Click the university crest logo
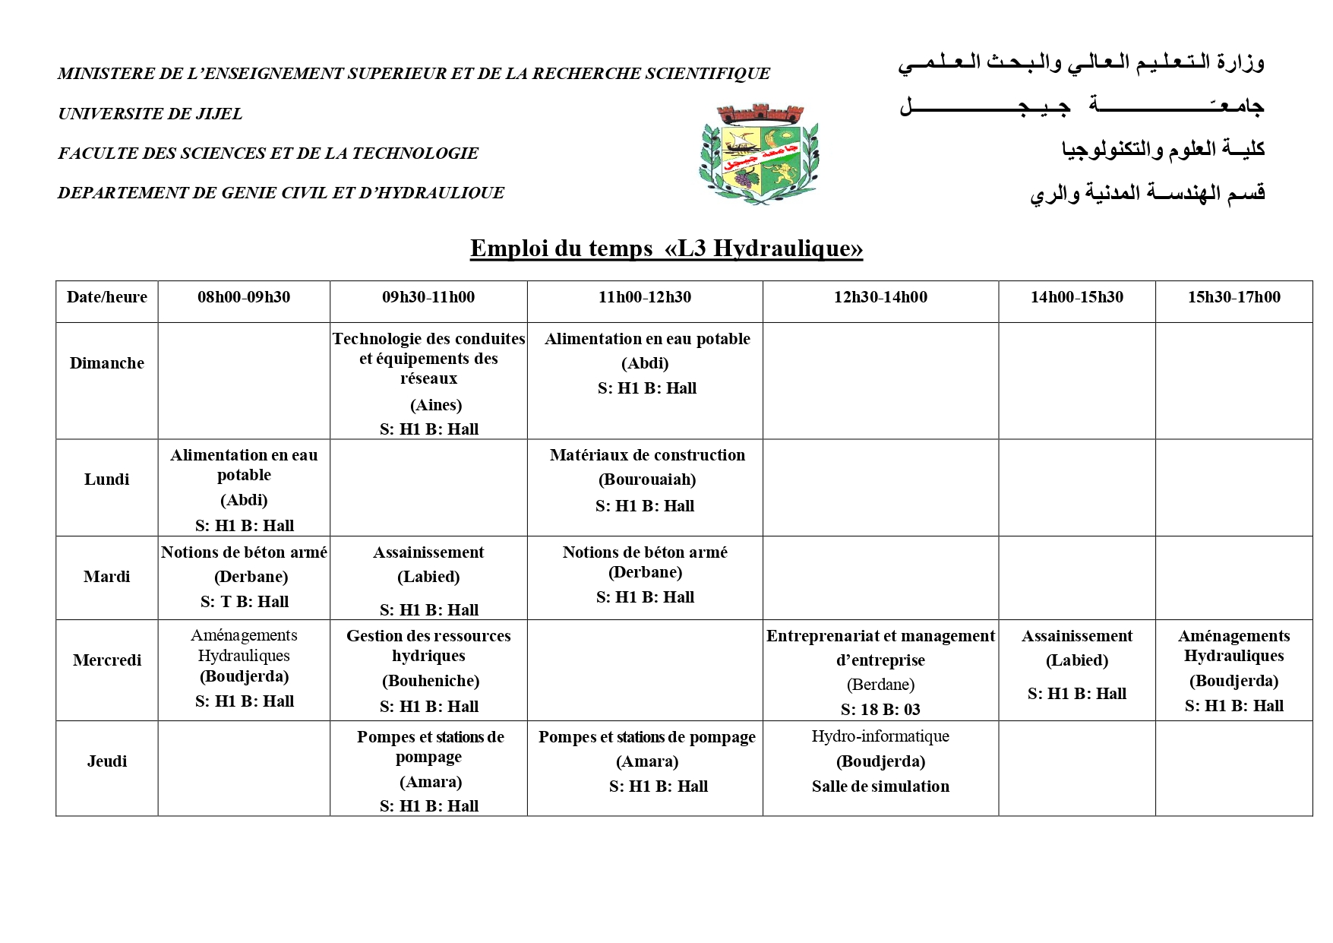[x=759, y=154]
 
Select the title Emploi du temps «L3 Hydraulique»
[x=666, y=248]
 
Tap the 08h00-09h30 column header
[x=244, y=297]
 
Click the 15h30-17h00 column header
[x=1233, y=297]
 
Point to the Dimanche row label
[x=107, y=363]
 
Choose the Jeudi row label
[x=107, y=761]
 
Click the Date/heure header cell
[x=107, y=297]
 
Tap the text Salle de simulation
[x=880, y=786]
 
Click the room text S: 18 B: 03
[x=880, y=710]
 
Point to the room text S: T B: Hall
[x=245, y=602]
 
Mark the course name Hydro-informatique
[x=880, y=736]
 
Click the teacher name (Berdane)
[x=880, y=685]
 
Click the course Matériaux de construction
[x=647, y=455]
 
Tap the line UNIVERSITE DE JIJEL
[x=150, y=114]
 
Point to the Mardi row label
[x=107, y=577]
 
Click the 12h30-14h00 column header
[x=880, y=297]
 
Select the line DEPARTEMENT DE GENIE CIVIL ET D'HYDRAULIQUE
[x=281, y=193]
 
